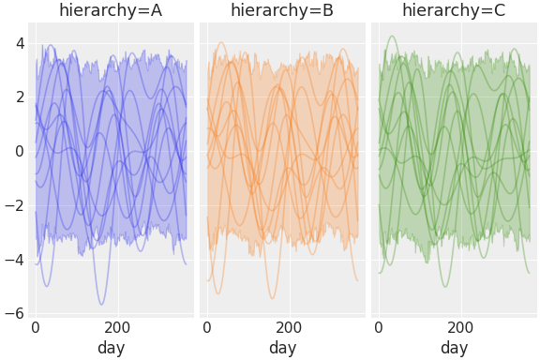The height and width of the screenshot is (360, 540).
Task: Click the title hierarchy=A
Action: (111, 11)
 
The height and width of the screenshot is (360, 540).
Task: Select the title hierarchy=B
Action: (282, 11)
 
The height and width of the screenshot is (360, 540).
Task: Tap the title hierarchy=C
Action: (454, 11)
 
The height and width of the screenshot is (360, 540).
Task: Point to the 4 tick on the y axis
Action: (18, 43)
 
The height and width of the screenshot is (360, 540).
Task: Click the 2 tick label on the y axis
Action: (18, 97)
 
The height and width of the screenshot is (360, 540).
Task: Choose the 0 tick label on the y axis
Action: (18, 151)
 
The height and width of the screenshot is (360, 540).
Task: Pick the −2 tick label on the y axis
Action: (14, 205)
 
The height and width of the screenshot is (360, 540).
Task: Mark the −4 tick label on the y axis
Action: (14, 260)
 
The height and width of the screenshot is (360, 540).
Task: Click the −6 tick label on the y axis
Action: (14, 313)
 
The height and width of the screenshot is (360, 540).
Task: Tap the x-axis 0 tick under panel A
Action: (36, 328)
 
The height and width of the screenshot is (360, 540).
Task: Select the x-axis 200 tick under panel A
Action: (117, 328)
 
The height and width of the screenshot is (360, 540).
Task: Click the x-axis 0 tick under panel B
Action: (207, 328)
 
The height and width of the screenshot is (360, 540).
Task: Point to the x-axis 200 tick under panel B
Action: (289, 328)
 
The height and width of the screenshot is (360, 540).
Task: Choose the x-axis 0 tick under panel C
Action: (379, 328)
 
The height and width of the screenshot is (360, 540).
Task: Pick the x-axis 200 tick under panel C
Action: (460, 328)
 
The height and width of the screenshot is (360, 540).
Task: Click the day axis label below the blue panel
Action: (111, 348)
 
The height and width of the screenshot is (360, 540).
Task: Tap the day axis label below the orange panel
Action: (282, 348)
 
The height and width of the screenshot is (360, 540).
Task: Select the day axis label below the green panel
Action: (454, 348)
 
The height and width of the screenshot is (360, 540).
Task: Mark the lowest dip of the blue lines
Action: (102, 304)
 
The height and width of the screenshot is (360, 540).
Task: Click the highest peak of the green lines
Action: (391, 37)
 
